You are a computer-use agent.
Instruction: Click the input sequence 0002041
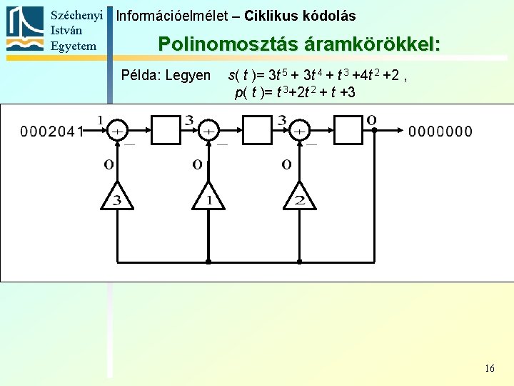pyautogui.click(x=53, y=131)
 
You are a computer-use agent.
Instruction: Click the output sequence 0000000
pyautogui.click(x=440, y=131)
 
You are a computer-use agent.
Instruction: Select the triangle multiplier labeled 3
pyautogui.click(x=117, y=197)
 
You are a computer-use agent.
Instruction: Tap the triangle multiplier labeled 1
pyautogui.click(x=208, y=197)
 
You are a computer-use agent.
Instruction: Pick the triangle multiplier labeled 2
pyautogui.click(x=298, y=197)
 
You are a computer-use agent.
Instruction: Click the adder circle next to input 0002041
pyautogui.click(x=117, y=131)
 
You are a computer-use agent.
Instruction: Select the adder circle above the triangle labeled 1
pyautogui.click(x=208, y=131)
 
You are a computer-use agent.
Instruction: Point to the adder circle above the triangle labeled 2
pyautogui.click(x=301, y=131)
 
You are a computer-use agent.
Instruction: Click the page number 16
pyautogui.click(x=489, y=368)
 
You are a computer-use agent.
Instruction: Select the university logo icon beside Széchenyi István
pyautogui.click(x=25, y=29)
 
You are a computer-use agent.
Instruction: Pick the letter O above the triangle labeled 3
pyautogui.click(x=109, y=164)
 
